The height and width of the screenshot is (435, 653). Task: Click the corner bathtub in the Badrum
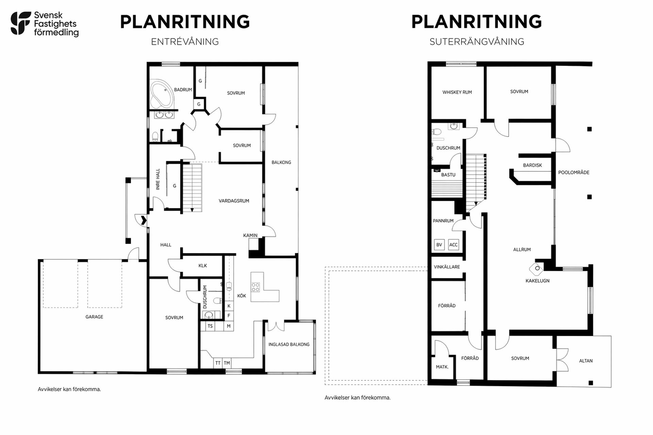(162, 93)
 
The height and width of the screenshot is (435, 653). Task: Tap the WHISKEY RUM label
(457, 92)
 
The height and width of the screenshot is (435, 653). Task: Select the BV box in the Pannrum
(439, 245)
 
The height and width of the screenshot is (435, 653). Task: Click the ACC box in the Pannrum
(453, 245)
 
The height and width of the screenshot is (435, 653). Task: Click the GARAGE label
(94, 317)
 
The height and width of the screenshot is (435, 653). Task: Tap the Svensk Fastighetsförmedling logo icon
(20, 23)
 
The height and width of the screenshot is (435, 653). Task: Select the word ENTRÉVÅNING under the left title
(185, 42)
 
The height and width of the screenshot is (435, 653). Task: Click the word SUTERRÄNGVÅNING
(477, 42)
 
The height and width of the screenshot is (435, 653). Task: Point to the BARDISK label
(532, 165)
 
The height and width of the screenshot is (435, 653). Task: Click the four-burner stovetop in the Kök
(255, 287)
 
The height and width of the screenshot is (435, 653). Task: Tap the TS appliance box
(210, 326)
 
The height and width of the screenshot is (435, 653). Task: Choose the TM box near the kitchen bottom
(227, 363)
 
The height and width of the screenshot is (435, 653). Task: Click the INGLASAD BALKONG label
(289, 344)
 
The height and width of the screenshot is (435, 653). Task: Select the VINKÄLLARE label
(447, 267)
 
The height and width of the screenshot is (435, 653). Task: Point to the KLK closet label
(203, 265)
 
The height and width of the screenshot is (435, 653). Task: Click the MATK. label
(442, 367)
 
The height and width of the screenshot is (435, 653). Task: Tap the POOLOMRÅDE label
(574, 172)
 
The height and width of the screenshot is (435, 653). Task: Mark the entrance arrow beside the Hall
(144, 220)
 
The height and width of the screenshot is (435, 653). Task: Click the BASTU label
(448, 175)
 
